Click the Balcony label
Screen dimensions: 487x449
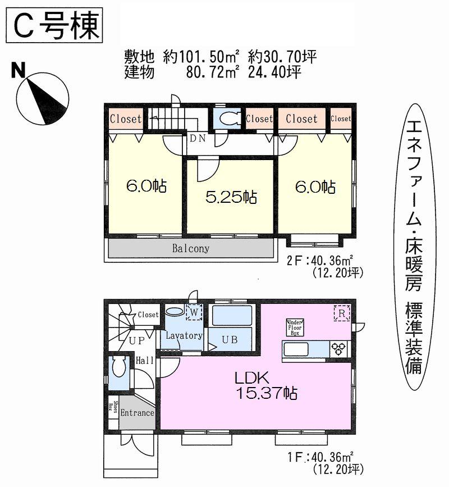pos(191,248)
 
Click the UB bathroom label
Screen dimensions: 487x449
pos(231,340)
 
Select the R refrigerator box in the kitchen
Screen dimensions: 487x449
pos(341,312)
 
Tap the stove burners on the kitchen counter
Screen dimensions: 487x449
pos(339,348)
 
